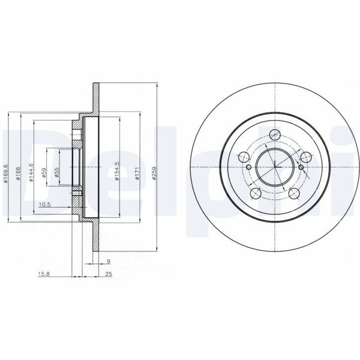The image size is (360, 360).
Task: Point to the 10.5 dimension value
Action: (44, 205)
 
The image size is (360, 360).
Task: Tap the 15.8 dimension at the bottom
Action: (44, 275)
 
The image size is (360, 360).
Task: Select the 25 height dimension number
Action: (109, 275)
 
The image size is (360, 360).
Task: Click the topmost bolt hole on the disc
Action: (275, 134)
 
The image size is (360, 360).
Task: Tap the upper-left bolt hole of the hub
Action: (244, 157)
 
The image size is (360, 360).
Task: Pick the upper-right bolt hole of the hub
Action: (307, 157)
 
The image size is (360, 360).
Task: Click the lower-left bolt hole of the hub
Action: (256, 194)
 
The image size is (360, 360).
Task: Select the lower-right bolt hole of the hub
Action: (295, 194)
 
